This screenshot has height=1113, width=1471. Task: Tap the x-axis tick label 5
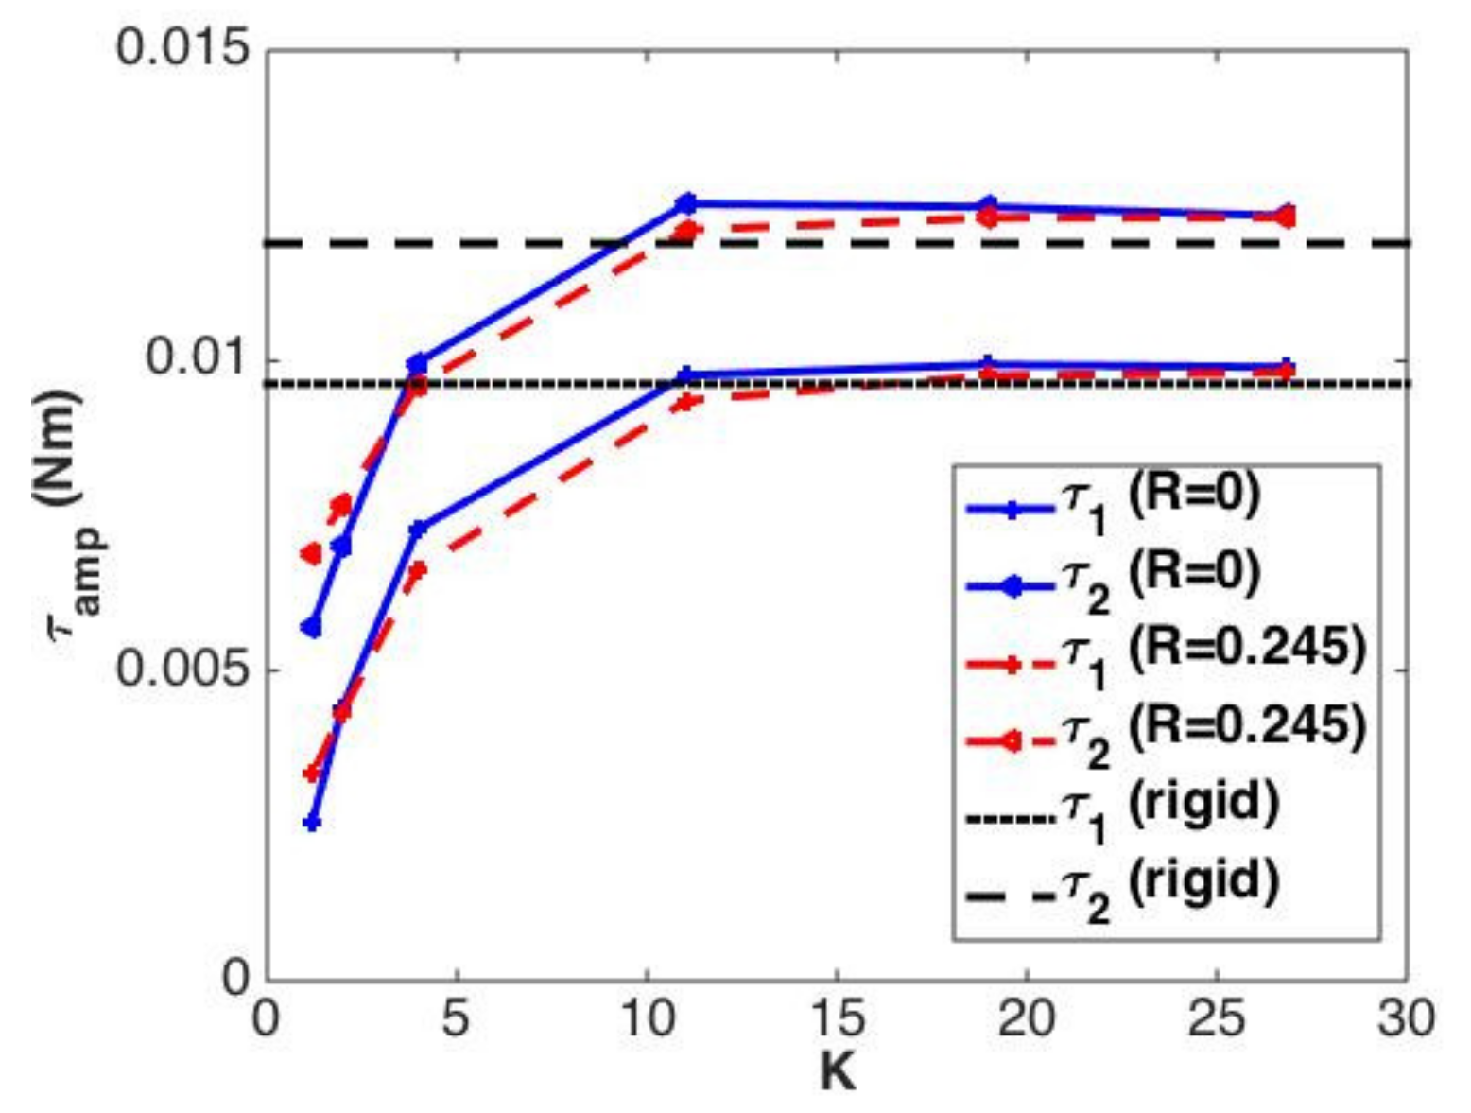pyautogui.click(x=457, y=1019)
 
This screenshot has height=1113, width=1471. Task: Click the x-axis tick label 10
pyautogui.click(x=647, y=1019)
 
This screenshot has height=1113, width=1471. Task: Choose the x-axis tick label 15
pyautogui.click(x=838, y=1019)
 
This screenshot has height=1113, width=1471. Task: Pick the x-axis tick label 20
pyautogui.click(x=1028, y=1019)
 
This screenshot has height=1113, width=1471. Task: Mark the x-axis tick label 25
pyautogui.click(x=1217, y=1019)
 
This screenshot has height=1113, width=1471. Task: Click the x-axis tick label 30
pyautogui.click(x=1407, y=1019)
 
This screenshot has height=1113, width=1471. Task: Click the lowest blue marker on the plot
pyautogui.click(x=312, y=823)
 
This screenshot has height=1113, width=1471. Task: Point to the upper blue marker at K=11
pyautogui.click(x=686, y=202)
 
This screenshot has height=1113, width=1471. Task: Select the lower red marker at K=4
pyautogui.click(x=417, y=569)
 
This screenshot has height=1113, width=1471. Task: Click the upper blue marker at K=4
pyautogui.click(x=417, y=363)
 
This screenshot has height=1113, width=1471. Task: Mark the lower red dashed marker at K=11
pyautogui.click(x=686, y=401)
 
